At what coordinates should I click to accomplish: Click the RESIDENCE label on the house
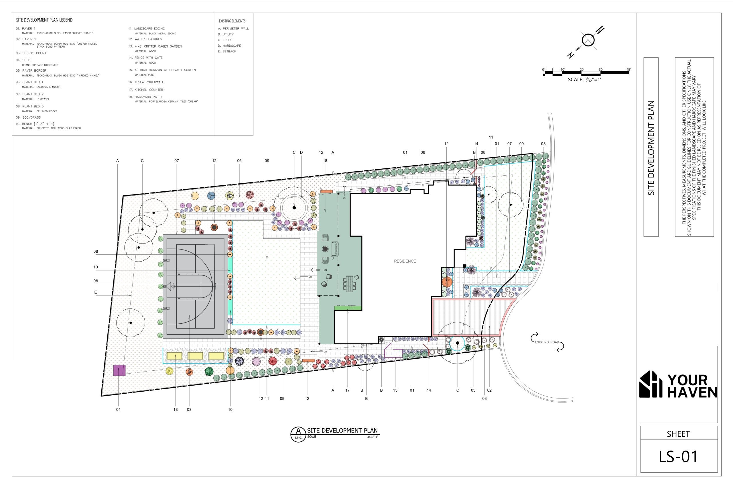[405, 261]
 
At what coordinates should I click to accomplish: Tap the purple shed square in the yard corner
[119, 370]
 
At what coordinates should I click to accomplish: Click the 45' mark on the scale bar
[628, 70]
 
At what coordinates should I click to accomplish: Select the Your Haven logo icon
[651, 384]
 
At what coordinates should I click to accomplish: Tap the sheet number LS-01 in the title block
[678, 457]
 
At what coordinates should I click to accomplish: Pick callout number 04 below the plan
[119, 409]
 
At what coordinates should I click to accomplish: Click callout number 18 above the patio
[325, 161]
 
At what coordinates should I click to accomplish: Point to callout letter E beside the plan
[96, 292]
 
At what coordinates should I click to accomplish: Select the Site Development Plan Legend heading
[44, 20]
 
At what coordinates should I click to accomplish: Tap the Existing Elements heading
[232, 21]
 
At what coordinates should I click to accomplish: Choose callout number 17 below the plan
[348, 390]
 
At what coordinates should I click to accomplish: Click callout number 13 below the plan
[176, 409]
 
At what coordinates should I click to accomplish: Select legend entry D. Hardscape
[229, 46]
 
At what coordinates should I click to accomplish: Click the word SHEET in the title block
[678, 434]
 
